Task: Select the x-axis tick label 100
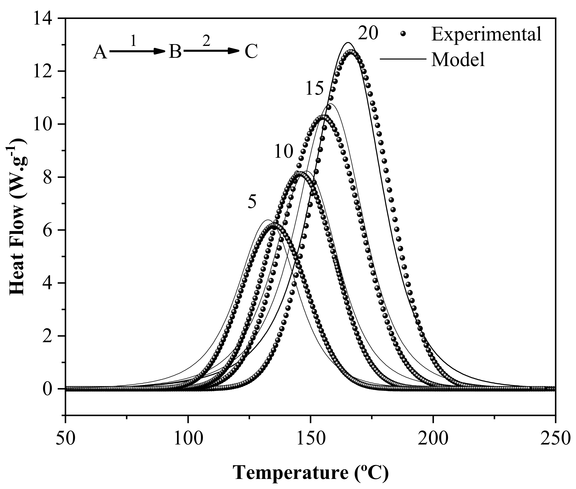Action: pos(188,439)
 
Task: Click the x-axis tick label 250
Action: pos(554,439)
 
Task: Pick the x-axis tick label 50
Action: pos(65,439)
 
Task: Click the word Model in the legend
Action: pos(458,60)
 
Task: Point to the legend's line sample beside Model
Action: pos(402,59)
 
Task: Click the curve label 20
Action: pos(368,34)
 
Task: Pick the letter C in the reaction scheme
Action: pos(251,52)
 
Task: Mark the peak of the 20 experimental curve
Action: pos(351,52)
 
